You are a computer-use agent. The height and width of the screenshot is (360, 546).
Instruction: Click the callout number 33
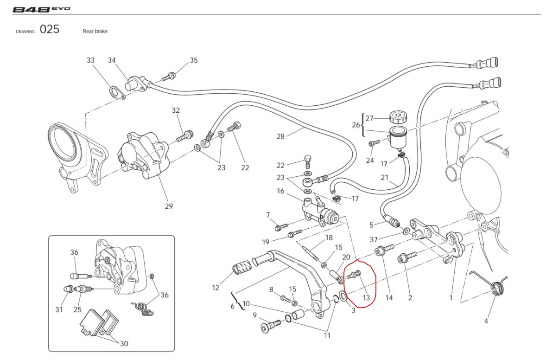(91, 61)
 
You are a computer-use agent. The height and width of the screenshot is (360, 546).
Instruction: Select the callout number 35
(194, 60)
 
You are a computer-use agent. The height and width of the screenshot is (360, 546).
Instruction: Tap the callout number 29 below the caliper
(169, 206)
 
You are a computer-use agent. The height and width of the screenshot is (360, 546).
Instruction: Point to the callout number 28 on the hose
(280, 136)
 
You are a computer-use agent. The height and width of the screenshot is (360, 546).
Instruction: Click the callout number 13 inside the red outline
(366, 298)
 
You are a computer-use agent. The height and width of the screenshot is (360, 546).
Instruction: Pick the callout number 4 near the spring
(486, 321)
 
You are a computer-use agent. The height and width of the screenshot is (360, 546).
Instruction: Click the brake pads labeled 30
(98, 322)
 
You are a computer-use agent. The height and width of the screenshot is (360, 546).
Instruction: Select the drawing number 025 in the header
(50, 30)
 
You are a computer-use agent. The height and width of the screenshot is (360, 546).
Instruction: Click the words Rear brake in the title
(95, 31)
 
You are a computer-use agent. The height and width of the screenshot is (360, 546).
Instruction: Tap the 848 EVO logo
(41, 9)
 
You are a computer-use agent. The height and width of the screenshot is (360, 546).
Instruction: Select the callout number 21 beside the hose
(385, 178)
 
